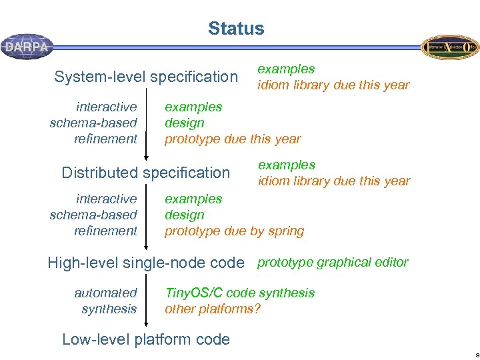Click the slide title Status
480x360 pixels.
[236, 29]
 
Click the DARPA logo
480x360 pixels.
[27, 47]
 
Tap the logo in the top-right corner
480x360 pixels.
[449, 47]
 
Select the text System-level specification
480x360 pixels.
[146, 77]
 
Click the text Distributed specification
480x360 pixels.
[145, 173]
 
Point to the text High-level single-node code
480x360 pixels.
[146, 263]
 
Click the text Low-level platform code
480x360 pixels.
[145, 339]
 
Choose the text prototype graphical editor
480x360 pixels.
[333, 262]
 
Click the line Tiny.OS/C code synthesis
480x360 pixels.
[239, 293]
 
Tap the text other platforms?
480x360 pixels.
[213, 309]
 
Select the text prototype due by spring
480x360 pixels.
[234, 231]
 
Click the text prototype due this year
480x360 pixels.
[233, 139]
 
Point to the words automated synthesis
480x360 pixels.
[106, 301]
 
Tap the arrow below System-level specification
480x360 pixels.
[146, 123]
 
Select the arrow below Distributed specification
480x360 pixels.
[146, 215]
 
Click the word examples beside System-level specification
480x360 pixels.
[286, 69]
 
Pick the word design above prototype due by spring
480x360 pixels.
[185, 215]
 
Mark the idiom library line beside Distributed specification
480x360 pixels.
[334, 181]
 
